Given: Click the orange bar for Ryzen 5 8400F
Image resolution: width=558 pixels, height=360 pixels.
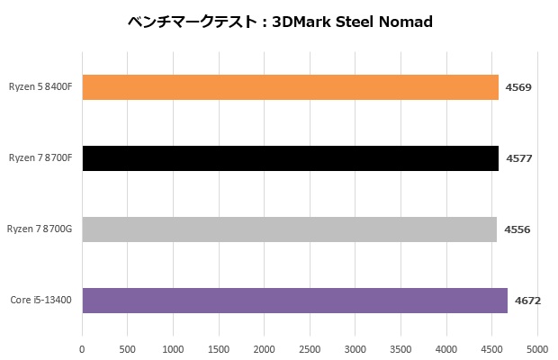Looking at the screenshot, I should click(290, 87).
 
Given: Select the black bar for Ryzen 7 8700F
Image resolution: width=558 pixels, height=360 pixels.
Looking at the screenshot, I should click(290, 158).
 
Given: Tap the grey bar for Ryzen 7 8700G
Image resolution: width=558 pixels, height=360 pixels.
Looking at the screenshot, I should click(289, 229).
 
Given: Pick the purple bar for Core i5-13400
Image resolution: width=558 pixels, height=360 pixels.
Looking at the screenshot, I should click(294, 301).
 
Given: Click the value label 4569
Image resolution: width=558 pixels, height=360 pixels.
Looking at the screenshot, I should click(518, 87).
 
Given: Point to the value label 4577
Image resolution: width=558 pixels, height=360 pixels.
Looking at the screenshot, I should click(518, 158).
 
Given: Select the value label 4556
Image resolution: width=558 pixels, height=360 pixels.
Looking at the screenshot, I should click(517, 229).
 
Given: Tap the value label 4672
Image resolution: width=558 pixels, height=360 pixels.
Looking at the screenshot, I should click(528, 301).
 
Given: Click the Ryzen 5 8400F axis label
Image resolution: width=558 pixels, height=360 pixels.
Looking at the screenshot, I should click(40, 87).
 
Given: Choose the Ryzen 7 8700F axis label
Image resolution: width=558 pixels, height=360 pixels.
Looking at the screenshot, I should click(40, 158).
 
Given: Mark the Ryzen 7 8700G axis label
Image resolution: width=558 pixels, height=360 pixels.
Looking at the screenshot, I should click(40, 229).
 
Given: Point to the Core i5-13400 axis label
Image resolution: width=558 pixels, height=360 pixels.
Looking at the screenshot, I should click(42, 301).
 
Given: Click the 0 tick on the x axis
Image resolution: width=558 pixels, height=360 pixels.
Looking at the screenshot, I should click(82, 347).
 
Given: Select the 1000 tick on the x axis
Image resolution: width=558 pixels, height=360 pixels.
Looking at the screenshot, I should click(173, 347).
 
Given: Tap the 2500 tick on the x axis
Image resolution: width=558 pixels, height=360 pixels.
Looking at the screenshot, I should click(310, 347).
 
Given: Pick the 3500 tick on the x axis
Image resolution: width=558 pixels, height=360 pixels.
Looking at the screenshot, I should click(400, 347).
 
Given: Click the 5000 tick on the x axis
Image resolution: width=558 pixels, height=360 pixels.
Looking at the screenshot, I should click(537, 347).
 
